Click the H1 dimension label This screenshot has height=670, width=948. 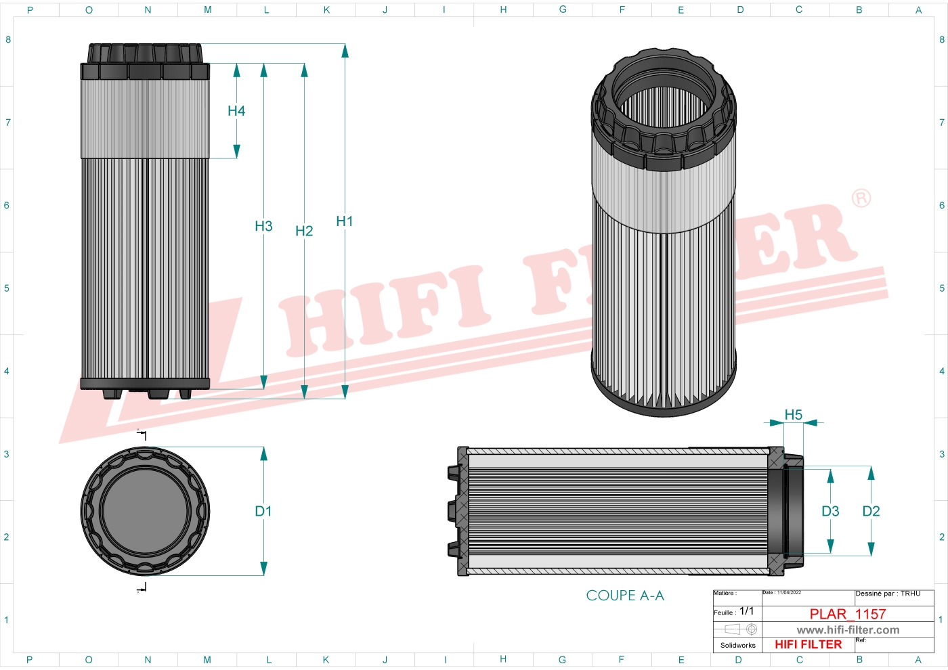point(344,221)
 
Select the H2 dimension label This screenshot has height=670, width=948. point(304,231)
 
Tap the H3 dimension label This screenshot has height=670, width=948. point(263,226)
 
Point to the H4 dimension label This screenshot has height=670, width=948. point(236,111)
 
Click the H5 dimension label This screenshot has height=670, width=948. point(793,415)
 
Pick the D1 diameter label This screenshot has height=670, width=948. point(263,512)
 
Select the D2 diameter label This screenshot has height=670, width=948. point(871,512)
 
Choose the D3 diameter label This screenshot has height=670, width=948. point(830,512)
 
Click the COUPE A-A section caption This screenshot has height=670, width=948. point(625,596)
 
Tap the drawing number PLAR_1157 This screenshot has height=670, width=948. point(848,614)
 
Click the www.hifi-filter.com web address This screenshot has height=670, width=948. point(848,630)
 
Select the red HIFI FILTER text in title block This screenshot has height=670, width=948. point(808,645)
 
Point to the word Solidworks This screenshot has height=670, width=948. point(737,646)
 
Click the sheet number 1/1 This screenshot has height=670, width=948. point(746,611)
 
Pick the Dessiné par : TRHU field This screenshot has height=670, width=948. point(888,594)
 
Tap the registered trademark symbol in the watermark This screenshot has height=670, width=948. point(861,198)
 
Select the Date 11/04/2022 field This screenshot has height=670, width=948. point(782,593)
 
